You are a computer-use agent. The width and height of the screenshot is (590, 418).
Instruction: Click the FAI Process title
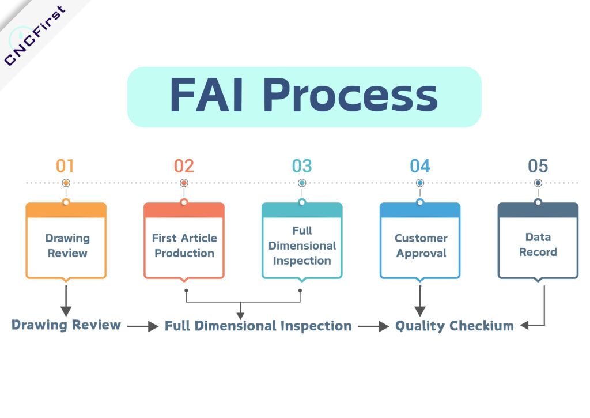point(304,96)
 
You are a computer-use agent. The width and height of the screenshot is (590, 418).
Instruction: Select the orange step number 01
point(65,166)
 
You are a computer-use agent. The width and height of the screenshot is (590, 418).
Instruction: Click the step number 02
point(184,166)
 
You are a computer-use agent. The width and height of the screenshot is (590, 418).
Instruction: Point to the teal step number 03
point(302,166)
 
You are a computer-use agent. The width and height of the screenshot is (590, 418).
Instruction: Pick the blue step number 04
point(420,166)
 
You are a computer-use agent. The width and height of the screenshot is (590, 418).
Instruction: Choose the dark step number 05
point(538,166)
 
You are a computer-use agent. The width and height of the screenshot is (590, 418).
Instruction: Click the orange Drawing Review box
point(66,245)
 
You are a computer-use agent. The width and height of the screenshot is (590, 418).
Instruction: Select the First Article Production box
point(184,245)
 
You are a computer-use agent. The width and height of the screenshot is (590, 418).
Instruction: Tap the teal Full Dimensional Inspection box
point(302,245)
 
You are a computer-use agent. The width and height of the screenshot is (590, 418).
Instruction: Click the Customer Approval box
point(420,245)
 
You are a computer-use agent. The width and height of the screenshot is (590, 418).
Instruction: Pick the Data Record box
point(538,245)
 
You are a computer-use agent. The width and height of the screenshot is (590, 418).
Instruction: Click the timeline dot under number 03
point(302,183)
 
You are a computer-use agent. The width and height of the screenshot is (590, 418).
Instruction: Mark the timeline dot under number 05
point(538,183)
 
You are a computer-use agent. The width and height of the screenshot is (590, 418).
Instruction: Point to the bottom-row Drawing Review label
point(66,325)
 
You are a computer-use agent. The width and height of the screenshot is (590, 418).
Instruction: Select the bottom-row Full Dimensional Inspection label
point(258,326)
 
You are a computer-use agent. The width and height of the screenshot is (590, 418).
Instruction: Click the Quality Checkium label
point(454,326)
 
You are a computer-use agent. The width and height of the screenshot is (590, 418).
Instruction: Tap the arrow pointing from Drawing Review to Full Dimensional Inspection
point(143,326)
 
